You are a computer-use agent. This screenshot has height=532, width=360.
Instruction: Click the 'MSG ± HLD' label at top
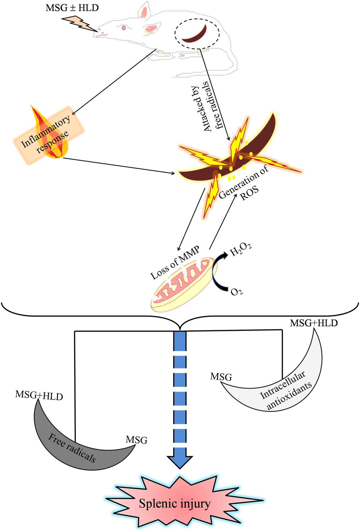(72, 8)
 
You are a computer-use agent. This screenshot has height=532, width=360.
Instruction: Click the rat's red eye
(124, 27)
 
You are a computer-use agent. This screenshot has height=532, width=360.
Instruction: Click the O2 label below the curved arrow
(236, 291)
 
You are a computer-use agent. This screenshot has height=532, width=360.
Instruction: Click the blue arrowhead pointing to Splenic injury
(180, 461)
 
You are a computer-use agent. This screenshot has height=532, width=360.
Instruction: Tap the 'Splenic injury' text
(175, 503)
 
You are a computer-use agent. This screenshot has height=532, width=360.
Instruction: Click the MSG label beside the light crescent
(221, 377)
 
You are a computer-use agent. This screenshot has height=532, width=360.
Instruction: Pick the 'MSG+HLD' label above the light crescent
(313, 323)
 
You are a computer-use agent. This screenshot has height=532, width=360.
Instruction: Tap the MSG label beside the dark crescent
(136, 440)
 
